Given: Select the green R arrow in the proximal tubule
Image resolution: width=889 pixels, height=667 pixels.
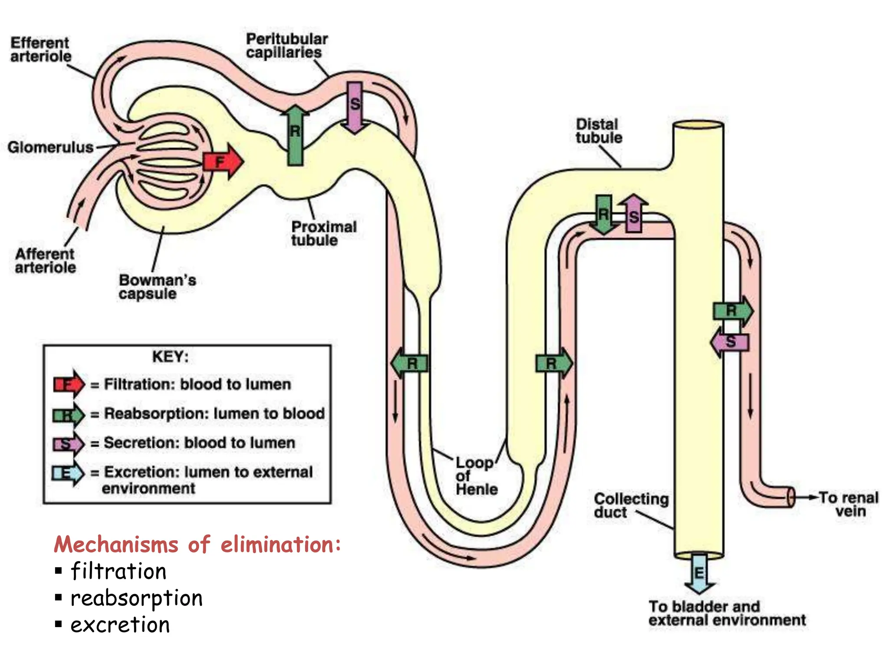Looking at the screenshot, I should click(295, 135).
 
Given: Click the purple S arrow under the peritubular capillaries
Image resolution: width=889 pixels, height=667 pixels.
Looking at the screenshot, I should click(355, 106).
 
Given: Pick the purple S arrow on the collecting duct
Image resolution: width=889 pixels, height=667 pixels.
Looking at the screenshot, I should click(730, 342).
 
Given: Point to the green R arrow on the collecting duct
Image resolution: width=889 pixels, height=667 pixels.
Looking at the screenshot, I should click(733, 311).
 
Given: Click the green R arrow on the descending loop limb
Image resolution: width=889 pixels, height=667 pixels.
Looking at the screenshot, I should click(409, 363).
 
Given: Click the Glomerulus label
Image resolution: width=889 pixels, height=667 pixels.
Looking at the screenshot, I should click(50, 147).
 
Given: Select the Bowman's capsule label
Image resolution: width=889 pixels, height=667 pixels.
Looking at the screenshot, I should click(157, 287).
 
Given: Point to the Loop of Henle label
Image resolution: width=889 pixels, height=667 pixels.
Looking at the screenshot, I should click(476, 476).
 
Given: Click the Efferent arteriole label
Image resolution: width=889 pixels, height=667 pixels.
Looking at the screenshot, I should click(40, 50).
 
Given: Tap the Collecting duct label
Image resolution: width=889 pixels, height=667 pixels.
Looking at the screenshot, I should click(630, 505).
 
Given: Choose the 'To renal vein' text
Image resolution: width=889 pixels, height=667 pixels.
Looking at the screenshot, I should click(848, 504).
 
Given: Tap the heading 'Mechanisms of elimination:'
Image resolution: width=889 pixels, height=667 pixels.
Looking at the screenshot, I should click(197, 544).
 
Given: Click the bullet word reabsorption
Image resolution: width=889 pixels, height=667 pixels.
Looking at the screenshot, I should click(137, 598).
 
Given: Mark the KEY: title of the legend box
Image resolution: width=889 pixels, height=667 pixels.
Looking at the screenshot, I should click(170, 357).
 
